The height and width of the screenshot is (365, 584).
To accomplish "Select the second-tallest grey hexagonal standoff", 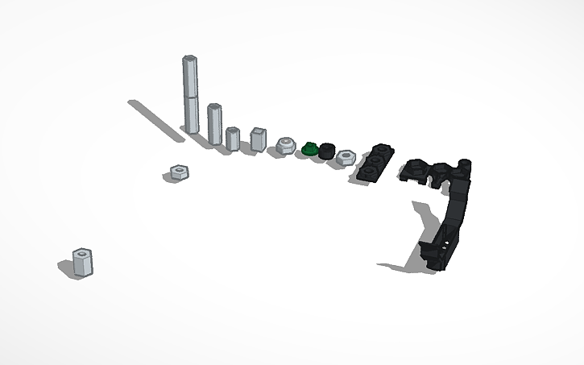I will pos(214,122).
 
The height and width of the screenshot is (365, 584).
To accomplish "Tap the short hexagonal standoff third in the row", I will pos(232,139).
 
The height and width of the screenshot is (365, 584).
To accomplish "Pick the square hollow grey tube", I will pos(257,139).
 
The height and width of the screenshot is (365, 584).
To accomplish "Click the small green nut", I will pos(309,149).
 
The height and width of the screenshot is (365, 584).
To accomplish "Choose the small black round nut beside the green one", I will pos(326,151).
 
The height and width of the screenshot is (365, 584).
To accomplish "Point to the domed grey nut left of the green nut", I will pos(285,146).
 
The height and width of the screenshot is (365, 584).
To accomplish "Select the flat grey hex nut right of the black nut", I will pos(346,156).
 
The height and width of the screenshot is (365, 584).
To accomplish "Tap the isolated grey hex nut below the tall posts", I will pos(179,172).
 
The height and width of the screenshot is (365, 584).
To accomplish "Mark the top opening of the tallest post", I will pos(190,58).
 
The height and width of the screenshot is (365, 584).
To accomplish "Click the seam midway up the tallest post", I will pos(191,96).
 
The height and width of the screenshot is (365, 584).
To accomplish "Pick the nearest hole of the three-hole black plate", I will pos(367,172).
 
